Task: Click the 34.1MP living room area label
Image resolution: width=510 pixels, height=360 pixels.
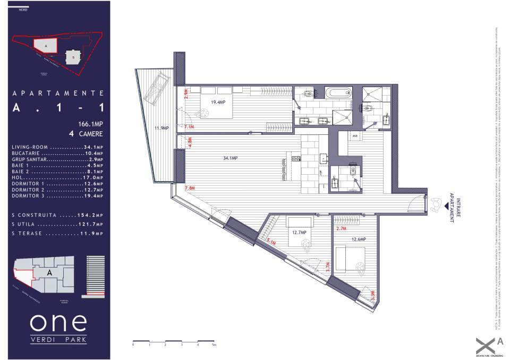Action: pos(231,158)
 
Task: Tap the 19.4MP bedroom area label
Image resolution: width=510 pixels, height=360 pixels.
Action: pos(216,102)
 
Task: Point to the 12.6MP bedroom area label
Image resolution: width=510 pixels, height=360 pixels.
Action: pos(359,239)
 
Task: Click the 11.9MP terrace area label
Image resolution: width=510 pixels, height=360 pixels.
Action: pos(161,128)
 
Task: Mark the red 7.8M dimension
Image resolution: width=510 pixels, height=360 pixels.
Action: pos(190,188)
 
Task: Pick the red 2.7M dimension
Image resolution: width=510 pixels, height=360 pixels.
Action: pos(342,228)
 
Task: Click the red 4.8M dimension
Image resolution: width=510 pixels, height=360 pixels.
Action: pos(190,143)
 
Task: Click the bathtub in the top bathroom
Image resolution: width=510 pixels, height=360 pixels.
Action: pos(338,93)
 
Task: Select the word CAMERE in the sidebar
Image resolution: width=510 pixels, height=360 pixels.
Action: pos(89,134)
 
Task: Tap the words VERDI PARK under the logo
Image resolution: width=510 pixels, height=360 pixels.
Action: pos(58,339)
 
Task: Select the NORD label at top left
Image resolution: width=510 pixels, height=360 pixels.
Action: pos(23,10)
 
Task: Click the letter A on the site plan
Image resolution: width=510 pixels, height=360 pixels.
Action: pos(46,47)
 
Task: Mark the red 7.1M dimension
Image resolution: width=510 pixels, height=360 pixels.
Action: pos(189,127)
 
